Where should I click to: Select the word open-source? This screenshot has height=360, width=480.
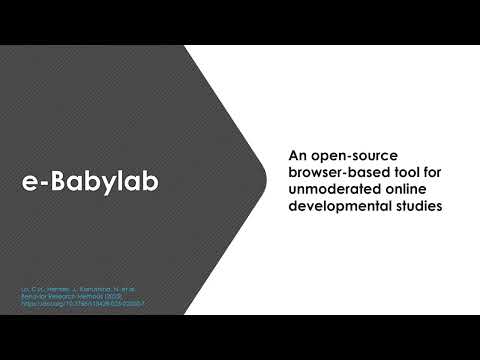[337, 155]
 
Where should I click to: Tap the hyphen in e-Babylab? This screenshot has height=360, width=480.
[39, 182]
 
